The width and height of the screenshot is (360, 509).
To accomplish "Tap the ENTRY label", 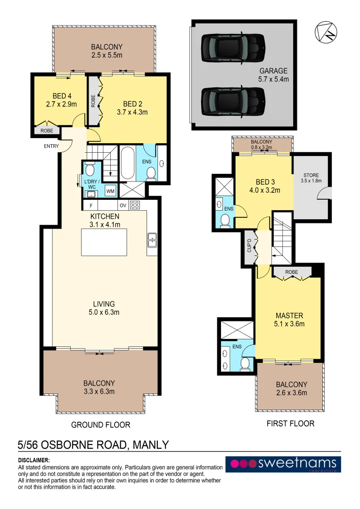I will tap(51, 146).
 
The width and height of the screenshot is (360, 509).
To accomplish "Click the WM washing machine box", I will tap(110, 191).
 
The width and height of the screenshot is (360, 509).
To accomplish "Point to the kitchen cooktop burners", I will tap(135, 205).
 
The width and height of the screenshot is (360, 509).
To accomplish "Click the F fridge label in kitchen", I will tap(91, 205).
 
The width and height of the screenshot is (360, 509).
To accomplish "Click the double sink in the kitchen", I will tap(152, 240).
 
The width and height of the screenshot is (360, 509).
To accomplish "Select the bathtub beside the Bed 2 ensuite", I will tap(128, 163).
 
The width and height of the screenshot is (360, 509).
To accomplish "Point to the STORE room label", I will tap(311, 175).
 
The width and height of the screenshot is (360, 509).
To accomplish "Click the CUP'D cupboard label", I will tap(249, 248).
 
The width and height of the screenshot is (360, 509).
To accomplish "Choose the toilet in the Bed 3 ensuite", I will tap(226, 220).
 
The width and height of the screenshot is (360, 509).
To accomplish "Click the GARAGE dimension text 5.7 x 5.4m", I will tap(274, 79).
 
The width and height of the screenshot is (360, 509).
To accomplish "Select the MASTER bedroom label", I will tap(289, 315).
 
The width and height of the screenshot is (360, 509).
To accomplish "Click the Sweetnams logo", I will tap(283, 464).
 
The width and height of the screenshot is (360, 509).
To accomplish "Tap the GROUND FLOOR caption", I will tap(100, 425).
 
